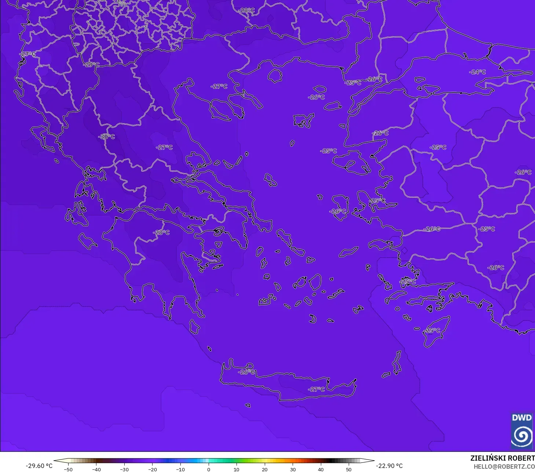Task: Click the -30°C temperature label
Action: pos(107,137)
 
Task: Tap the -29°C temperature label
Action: pos(91,65)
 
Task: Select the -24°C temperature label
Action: pos(477,72)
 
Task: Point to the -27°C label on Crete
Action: pos(316,389)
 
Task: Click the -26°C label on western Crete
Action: pos(246,372)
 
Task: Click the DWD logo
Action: pos(521,431)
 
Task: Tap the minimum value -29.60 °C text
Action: pos(39,466)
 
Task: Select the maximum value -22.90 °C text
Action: pos(389,466)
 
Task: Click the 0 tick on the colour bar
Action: pos(208,469)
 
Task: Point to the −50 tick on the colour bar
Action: pos(68,469)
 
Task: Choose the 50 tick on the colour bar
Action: pos(348,469)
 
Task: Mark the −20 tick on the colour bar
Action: pos(152,469)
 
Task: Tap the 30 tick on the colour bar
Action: pos(293,469)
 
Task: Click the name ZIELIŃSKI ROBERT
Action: pos(502,458)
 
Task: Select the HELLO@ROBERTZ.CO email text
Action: pos(504,466)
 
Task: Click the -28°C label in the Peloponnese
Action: pos(161,233)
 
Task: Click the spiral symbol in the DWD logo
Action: pos(521,436)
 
